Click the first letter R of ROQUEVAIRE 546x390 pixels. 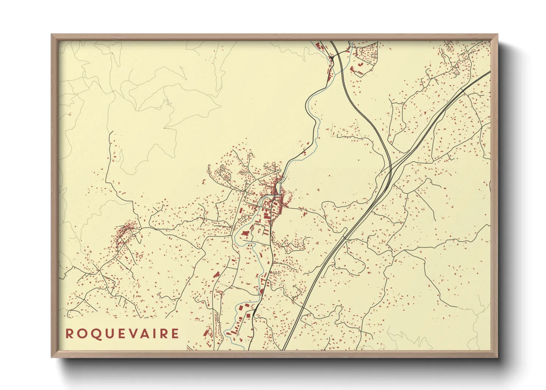click(69, 334)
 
